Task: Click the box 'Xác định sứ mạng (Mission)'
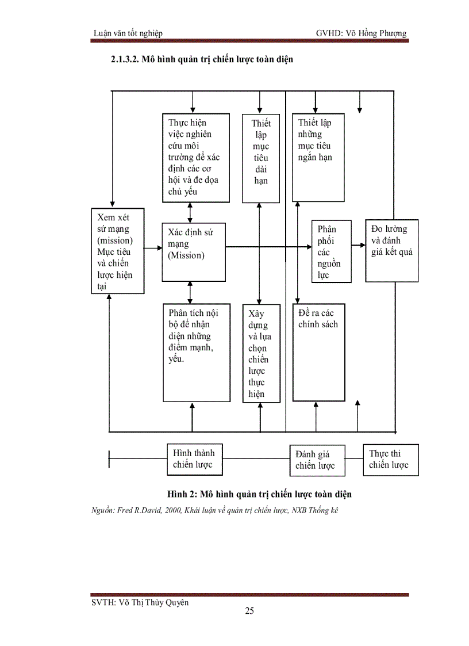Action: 194,252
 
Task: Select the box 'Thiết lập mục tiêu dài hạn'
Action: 260,158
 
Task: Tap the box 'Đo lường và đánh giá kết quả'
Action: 391,251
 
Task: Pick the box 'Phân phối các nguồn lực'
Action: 331,251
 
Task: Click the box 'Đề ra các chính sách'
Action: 319,353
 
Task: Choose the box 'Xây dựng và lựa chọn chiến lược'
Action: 261,353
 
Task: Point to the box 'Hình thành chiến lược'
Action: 194,458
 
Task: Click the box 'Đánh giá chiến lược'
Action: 317,460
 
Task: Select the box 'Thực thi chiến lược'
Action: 390,459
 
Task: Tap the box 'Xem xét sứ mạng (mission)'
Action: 118,251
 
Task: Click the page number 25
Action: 249,611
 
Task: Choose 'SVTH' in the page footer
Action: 102,602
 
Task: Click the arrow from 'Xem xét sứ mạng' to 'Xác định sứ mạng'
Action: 153,249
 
